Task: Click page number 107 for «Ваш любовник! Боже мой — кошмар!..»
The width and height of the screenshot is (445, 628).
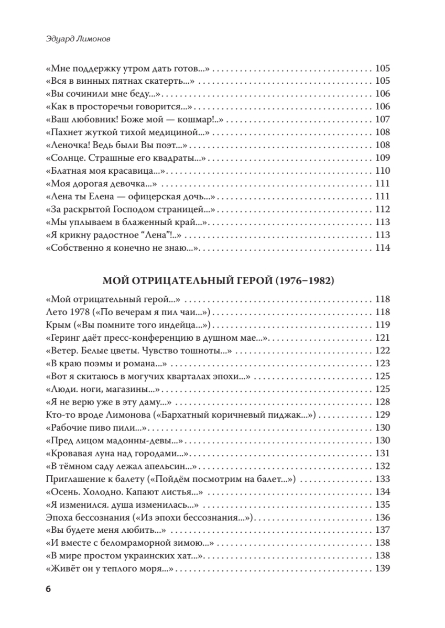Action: pos(383,119)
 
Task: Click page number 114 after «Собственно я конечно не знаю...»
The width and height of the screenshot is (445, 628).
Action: pos(383,248)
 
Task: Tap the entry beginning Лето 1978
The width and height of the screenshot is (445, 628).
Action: pos(128,312)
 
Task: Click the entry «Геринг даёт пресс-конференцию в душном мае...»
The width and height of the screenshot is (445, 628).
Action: pos(158,338)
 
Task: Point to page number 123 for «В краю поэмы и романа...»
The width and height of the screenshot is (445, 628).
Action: pos(383,364)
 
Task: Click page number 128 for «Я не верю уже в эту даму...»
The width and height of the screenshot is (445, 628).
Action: pos(383,402)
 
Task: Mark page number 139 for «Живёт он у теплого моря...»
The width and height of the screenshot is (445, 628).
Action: pos(383,569)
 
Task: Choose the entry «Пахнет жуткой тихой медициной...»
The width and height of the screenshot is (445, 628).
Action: pos(128,132)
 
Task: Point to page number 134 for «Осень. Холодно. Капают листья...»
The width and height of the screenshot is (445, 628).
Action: pos(383,492)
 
